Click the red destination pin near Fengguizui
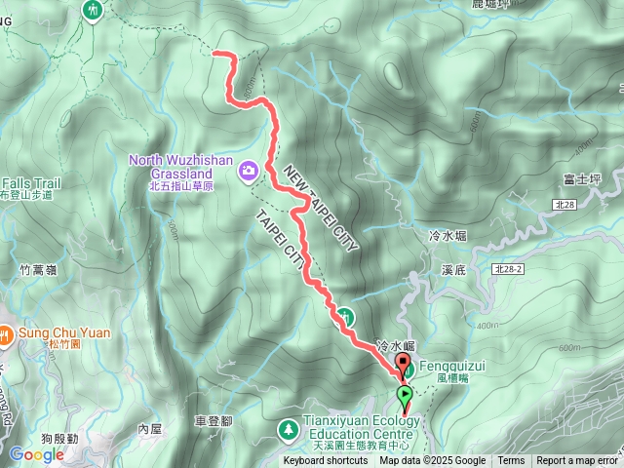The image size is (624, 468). [402, 365]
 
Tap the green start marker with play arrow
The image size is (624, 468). [405, 396]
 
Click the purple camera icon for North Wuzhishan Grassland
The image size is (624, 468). [249, 171]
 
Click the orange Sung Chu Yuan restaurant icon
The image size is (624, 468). [7, 333]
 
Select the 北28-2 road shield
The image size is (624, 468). [508, 268]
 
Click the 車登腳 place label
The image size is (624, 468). [214, 421]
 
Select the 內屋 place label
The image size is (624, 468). [149, 428]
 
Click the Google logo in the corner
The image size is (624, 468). [36, 454]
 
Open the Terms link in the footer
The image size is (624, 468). [511, 461]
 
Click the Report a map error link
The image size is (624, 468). [577, 461]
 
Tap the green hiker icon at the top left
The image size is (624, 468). [94, 10]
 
